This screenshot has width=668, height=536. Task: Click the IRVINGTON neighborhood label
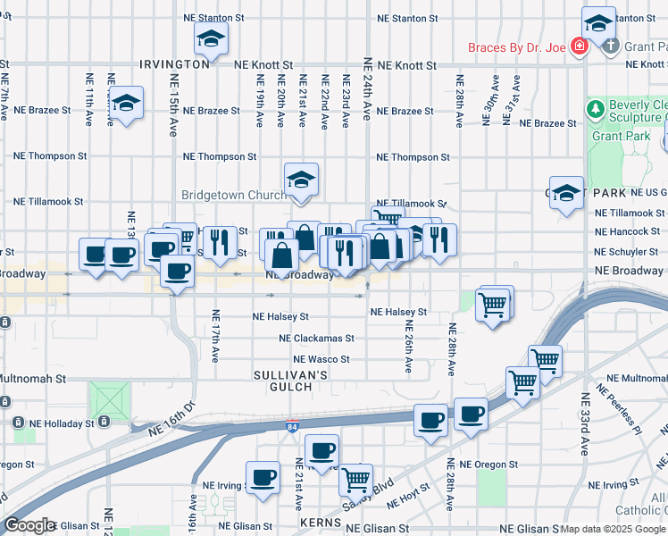pos(175,64)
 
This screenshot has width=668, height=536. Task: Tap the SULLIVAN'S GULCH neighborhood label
pos(282,381)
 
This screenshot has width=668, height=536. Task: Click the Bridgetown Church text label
pos(234,195)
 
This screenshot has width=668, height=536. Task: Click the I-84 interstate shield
pos(294,427)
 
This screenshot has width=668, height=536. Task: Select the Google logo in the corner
pos(30,526)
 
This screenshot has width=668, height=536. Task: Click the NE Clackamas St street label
pos(316,339)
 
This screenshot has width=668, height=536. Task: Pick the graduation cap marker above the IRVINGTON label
pos(211,38)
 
